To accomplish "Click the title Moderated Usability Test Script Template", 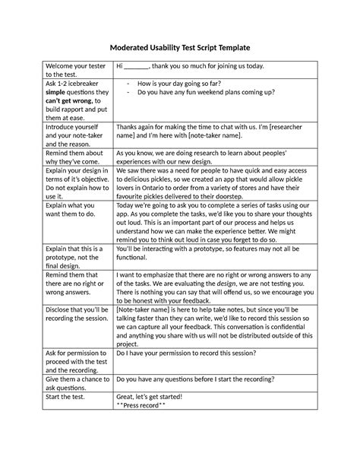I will (x=180, y=48).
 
